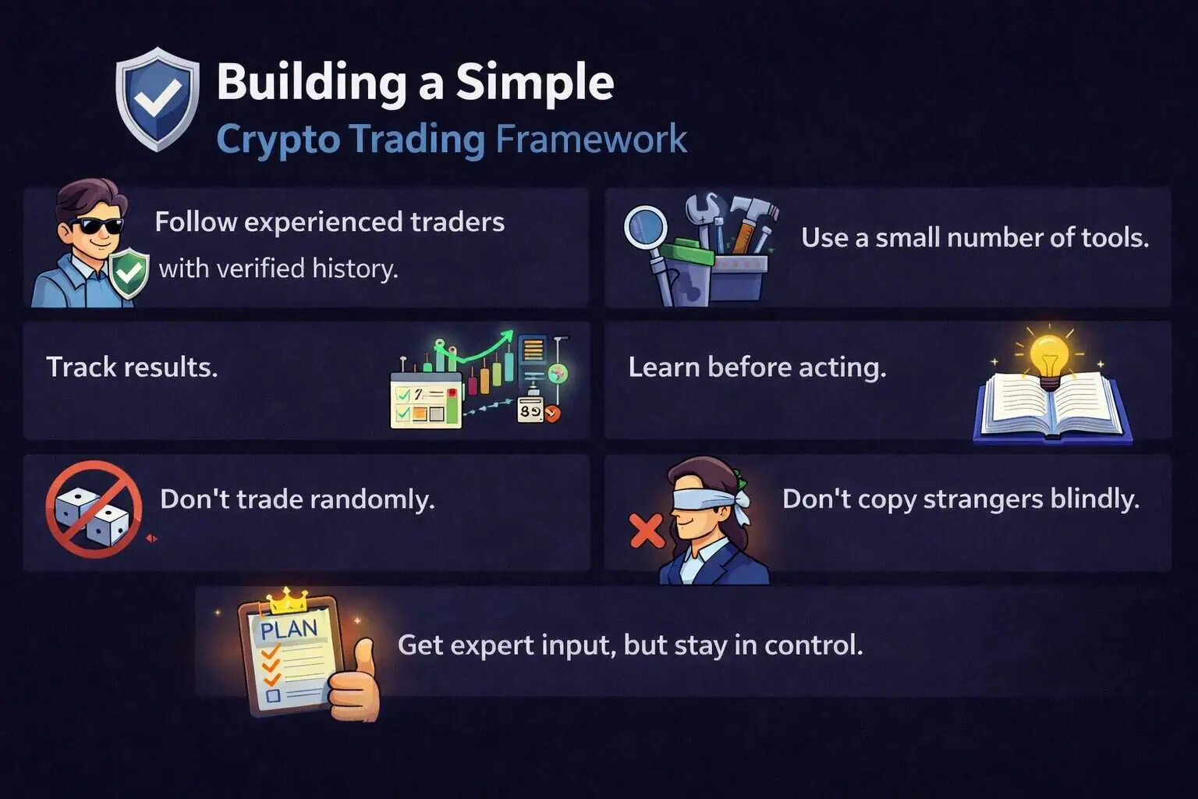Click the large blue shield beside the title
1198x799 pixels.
[x=158, y=100]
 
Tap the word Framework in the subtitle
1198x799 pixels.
[x=591, y=139]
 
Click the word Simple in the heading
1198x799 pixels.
[x=535, y=83]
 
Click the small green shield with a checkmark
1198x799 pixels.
[x=129, y=273]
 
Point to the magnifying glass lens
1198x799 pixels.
[x=646, y=228]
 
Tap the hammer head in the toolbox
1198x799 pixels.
[x=754, y=208]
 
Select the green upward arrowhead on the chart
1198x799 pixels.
[x=505, y=337]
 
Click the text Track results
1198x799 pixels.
[x=132, y=368]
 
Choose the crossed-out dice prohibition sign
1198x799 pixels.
[x=94, y=510]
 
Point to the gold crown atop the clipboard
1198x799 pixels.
[x=289, y=601]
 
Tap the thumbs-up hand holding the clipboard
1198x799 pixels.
[x=354, y=682]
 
